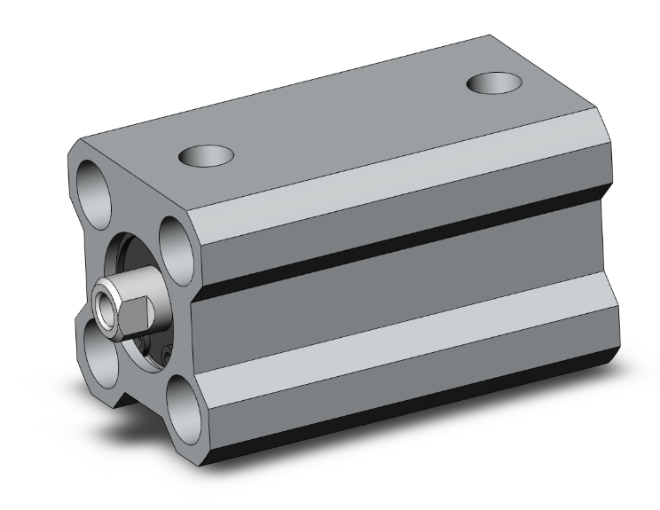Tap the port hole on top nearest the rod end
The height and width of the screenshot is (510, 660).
point(206,157)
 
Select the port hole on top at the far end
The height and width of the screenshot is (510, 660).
point(494,83)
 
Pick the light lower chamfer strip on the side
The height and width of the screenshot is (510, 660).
point(399,341)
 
